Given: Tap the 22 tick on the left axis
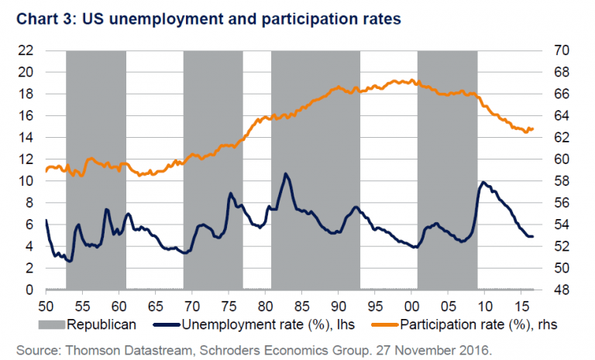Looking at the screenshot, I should pos(26,50).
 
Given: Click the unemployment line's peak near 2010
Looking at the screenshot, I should pos(483,182).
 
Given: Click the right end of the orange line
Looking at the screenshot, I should pos(533,129).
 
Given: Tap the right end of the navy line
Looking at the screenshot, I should pos(533,236).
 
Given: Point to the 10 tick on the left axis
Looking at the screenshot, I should pos(26,181).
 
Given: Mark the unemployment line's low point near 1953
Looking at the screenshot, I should pos(70,261).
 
